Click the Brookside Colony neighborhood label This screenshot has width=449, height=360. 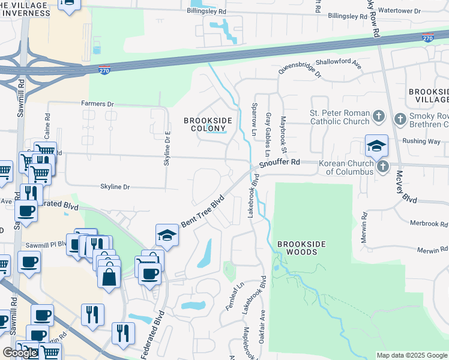[x=208, y=124]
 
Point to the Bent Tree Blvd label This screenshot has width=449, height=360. [x=202, y=211]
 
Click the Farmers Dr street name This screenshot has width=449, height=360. [x=97, y=104]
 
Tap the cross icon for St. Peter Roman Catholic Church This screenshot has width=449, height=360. [x=378, y=115]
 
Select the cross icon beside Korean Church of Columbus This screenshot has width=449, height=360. [x=382, y=166]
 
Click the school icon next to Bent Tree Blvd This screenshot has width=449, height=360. [x=167, y=235]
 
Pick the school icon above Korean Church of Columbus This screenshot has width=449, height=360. [x=376, y=146]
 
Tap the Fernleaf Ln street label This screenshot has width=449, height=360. [x=237, y=295]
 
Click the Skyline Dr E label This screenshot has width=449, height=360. [x=169, y=148]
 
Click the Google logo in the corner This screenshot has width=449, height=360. [x=20, y=353]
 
